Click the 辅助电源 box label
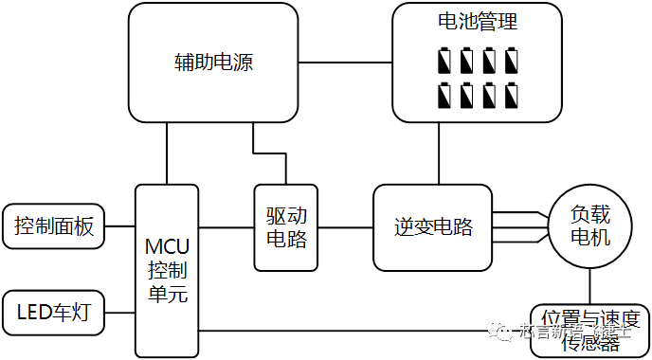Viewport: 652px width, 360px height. (214, 63)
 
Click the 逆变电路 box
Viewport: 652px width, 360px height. (433, 227)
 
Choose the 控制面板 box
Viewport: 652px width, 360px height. (53, 226)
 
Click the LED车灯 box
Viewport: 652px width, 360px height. (53, 311)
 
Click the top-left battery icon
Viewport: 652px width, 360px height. (446, 63)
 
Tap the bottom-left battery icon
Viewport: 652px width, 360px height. (446, 96)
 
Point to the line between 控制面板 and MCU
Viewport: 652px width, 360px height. (119, 226)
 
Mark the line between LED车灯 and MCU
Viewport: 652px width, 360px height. (119, 311)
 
